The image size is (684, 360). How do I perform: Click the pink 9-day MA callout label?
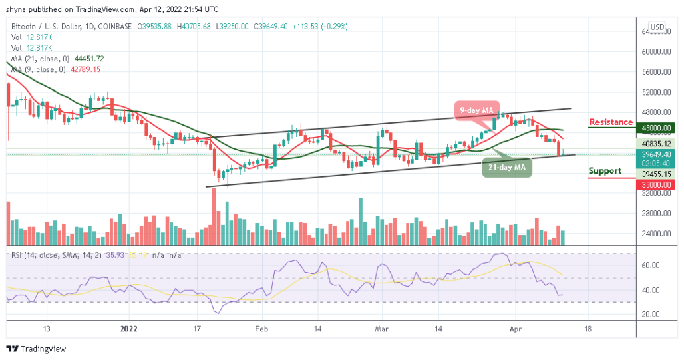point(476,110)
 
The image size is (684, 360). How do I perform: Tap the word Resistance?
point(611,122)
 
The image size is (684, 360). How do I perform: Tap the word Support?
point(605,171)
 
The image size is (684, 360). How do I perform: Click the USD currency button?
point(657,27)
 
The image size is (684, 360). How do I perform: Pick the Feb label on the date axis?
point(262,329)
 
